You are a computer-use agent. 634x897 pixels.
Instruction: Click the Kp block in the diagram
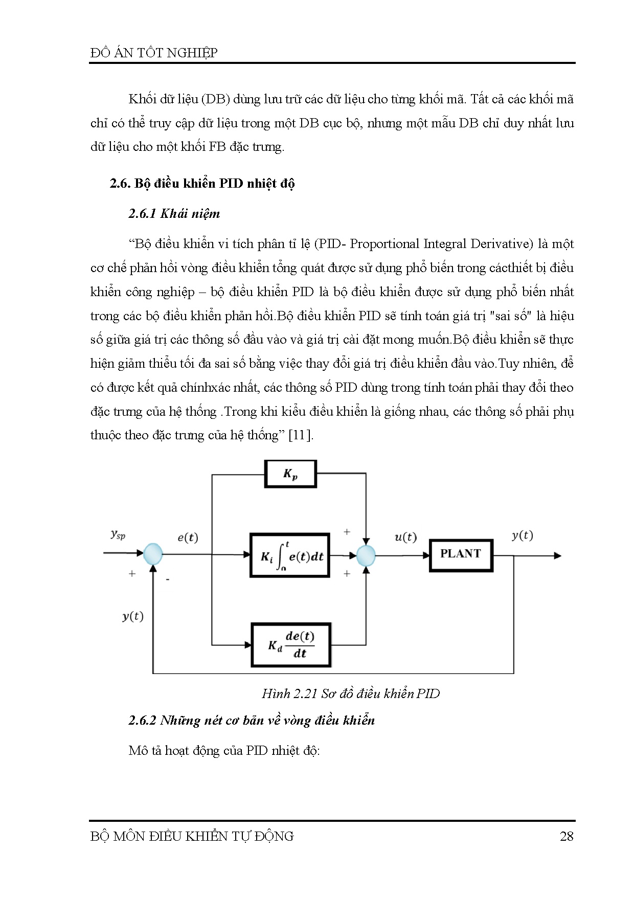click(290, 474)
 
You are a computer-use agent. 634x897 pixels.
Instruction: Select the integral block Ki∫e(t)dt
click(289, 555)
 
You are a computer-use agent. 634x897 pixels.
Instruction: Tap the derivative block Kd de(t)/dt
click(291, 645)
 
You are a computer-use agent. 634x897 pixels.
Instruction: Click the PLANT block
click(461, 555)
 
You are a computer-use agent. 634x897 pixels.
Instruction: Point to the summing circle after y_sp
click(152, 554)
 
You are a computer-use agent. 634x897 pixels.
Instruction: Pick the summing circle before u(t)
click(366, 555)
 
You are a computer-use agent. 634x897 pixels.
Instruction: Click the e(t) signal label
click(188, 537)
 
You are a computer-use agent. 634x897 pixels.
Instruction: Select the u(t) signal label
click(405, 537)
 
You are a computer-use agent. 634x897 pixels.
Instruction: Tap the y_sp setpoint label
click(118, 535)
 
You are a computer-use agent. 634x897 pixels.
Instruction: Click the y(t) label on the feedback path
click(132, 616)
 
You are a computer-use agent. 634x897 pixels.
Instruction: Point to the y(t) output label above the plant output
click(522, 535)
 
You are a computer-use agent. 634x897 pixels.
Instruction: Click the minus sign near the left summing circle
click(167, 579)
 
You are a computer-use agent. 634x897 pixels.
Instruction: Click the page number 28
click(567, 836)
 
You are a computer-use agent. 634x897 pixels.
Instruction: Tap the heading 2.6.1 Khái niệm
click(174, 214)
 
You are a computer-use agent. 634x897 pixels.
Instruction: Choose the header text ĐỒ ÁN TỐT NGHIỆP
click(154, 53)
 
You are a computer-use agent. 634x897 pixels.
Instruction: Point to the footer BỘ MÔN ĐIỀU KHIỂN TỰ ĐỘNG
click(192, 836)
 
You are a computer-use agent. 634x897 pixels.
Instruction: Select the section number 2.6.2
click(142, 721)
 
